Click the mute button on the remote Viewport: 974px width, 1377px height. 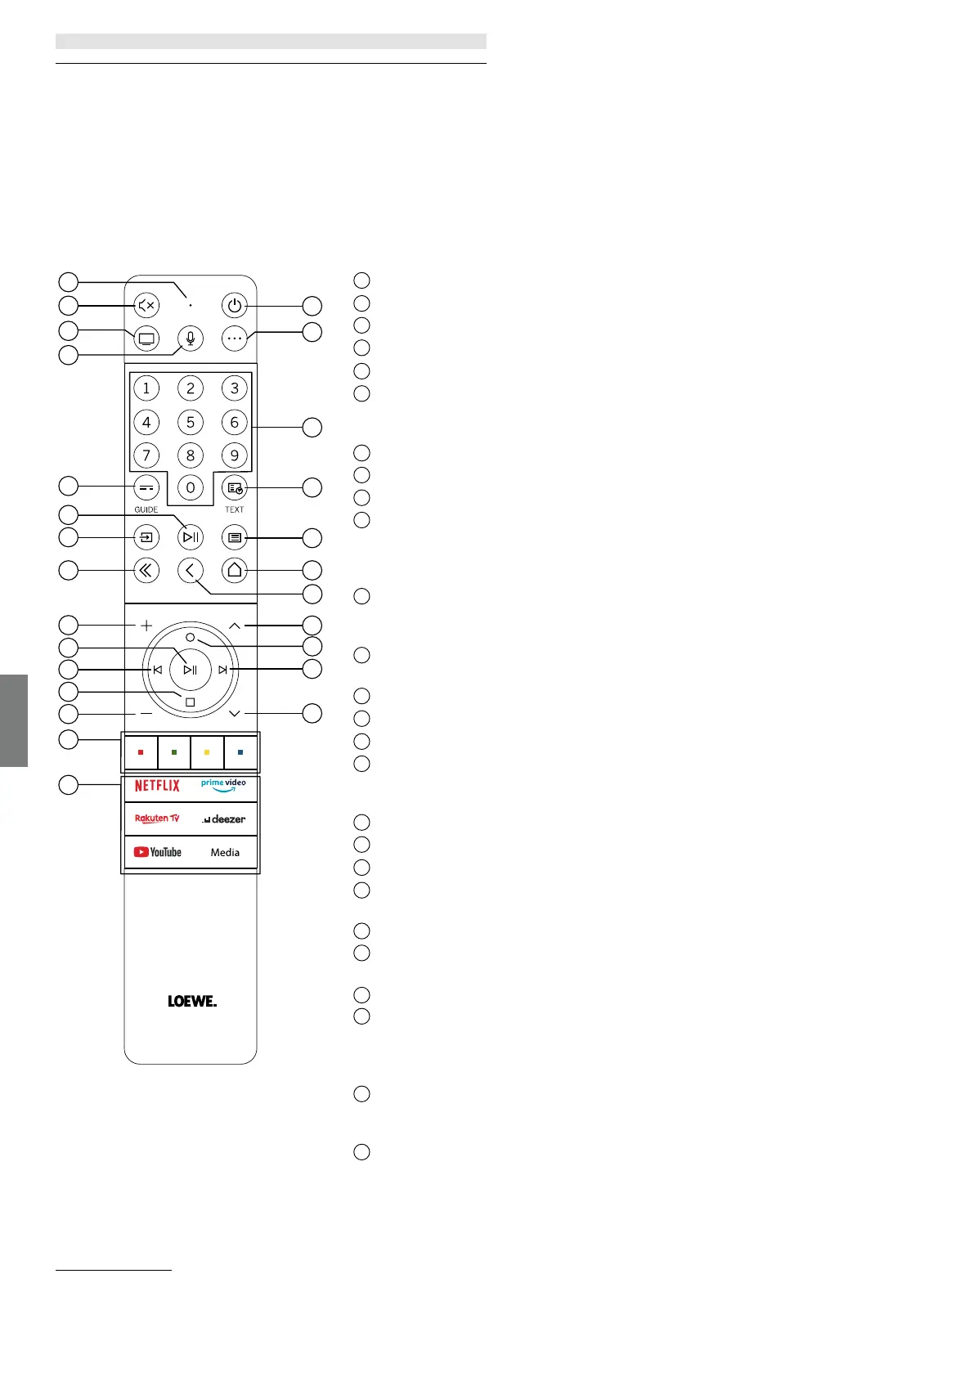pyautogui.click(x=146, y=306)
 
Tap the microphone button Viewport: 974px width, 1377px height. pyautogui.click(x=191, y=338)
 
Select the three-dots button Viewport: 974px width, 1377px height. pyautogui.click(x=235, y=338)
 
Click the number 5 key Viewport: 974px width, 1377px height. pyautogui.click(x=191, y=422)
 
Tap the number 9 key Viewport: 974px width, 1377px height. pyautogui.click(x=235, y=455)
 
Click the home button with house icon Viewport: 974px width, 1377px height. pyautogui.click(x=235, y=570)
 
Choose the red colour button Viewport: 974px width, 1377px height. pyautogui.click(x=141, y=752)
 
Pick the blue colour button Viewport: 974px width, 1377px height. pyautogui.click(x=240, y=752)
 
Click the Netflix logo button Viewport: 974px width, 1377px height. pyautogui.click(x=157, y=786)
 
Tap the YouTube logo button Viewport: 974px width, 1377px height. pyautogui.click(x=158, y=852)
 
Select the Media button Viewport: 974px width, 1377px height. pyautogui.click(x=225, y=852)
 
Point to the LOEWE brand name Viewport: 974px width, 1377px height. pyautogui.click(x=192, y=1001)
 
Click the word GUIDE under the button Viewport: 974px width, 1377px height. pyautogui.click(x=146, y=509)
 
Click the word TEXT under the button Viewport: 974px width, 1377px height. pyautogui.click(x=235, y=509)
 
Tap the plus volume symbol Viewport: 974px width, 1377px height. pyautogui.click(x=146, y=626)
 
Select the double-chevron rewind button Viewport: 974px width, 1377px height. pyautogui.click(x=146, y=570)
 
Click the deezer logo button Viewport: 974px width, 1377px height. pyautogui.click(x=224, y=819)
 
